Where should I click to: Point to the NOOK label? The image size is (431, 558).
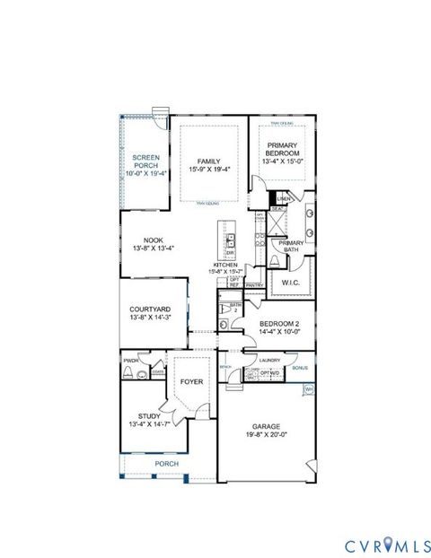pyautogui.click(x=152, y=240)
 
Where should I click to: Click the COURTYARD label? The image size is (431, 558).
pyautogui.click(x=152, y=308)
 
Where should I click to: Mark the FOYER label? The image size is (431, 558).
pyautogui.click(x=191, y=382)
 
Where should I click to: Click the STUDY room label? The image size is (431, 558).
pyautogui.click(x=144, y=416)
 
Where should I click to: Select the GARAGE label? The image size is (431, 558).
pyautogui.click(x=267, y=427)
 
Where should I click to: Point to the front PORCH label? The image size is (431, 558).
pyautogui.click(x=166, y=464)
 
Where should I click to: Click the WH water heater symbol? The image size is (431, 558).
pyautogui.click(x=308, y=388)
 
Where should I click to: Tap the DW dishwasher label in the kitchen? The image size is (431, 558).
pyautogui.click(x=230, y=253)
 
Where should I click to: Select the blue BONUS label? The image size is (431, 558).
pyautogui.click(x=300, y=368)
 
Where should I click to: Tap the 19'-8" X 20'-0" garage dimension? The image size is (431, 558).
pyautogui.click(x=267, y=435)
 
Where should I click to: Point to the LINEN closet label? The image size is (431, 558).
pyautogui.click(x=284, y=198)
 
